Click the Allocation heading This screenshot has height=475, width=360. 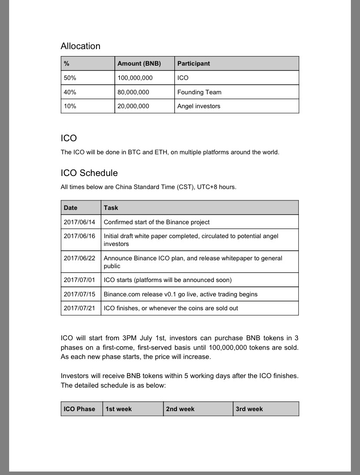point(80,46)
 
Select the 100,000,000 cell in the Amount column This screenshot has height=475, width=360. point(135,78)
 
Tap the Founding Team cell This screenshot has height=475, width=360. point(199,92)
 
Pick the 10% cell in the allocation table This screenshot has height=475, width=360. point(70,106)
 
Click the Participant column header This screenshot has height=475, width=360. point(193,63)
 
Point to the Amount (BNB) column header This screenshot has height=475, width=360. point(139,63)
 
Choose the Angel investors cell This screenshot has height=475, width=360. point(199,106)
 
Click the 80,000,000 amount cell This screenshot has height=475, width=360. point(133,92)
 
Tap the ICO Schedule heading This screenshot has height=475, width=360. point(89,173)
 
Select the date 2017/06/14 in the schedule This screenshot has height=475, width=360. point(79,222)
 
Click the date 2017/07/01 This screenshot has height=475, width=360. point(79,280)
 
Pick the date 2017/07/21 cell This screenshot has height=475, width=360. point(79,308)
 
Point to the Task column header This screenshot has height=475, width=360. point(111,208)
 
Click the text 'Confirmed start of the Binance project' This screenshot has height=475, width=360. point(157,222)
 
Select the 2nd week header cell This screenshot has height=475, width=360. point(180,409)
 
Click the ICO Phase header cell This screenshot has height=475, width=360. point(79,409)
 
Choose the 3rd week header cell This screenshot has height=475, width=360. point(249,409)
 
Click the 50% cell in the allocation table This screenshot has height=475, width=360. point(70,78)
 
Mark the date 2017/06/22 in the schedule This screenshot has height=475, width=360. point(79,258)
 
